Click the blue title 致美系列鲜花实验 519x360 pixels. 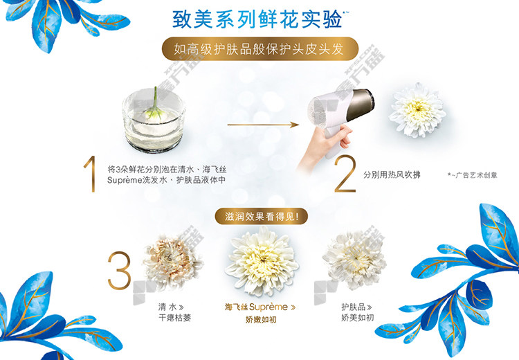(x=257, y=19)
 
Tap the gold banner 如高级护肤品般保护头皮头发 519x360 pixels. (x=259, y=48)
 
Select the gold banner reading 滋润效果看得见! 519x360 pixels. (x=262, y=217)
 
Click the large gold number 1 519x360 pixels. (x=91, y=174)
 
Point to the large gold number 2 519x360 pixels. (x=345, y=174)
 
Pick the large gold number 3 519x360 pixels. (x=119, y=270)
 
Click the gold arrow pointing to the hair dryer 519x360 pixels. (x=263, y=125)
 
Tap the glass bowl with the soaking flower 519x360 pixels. (x=154, y=121)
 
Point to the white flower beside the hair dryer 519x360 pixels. (x=417, y=110)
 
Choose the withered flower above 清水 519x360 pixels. (x=172, y=261)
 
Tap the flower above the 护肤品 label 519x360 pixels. (x=354, y=260)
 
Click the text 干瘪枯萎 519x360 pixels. (x=175, y=318)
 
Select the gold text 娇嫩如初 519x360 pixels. (x=261, y=320)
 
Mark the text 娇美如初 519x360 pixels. (x=358, y=318)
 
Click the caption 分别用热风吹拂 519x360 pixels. (x=392, y=174)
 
